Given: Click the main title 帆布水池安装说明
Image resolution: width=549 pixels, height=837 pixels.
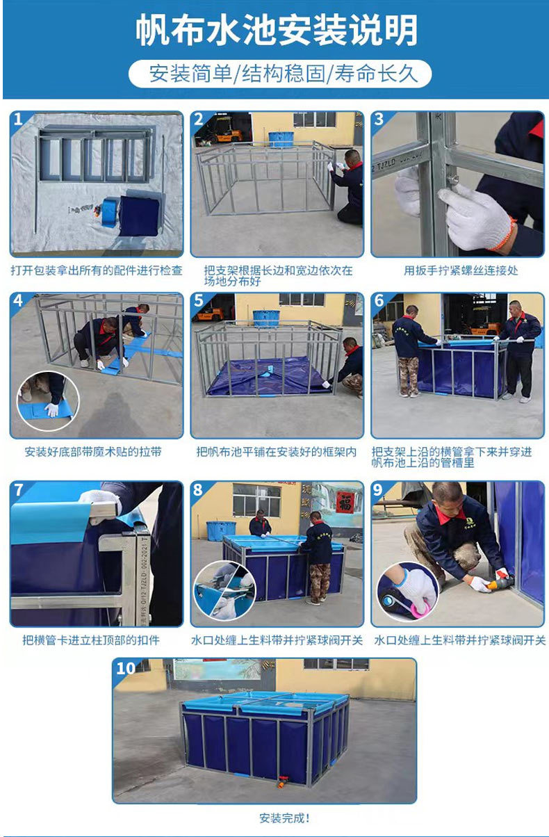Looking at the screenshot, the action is click(277, 31).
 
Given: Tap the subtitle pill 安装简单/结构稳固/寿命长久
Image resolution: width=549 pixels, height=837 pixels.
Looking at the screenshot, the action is click(280, 74).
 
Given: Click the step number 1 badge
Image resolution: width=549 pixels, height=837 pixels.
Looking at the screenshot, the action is click(18, 119).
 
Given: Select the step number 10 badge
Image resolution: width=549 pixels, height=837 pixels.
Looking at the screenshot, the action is click(126, 668).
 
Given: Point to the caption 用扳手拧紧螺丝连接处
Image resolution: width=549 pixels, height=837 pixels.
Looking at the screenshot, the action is click(461, 270).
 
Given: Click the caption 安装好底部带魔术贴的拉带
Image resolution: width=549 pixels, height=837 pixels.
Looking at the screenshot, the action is click(93, 452).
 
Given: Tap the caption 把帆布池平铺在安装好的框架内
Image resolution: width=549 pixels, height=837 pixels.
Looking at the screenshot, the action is click(277, 452).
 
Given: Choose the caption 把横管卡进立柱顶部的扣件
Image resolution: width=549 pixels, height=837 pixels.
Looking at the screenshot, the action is click(91, 640).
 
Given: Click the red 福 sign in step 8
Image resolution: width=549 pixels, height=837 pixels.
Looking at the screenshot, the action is click(345, 502).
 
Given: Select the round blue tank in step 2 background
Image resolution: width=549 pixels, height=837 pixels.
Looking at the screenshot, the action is click(281, 138).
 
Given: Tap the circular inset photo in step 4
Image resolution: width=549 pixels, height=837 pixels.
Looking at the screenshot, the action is click(48, 401).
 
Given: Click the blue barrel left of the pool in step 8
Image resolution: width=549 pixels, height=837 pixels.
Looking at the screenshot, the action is click(221, 531).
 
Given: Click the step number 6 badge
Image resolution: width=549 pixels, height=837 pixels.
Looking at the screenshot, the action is click(379, 301).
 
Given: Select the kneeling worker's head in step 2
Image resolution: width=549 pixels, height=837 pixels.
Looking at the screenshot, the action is click(352, 158).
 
